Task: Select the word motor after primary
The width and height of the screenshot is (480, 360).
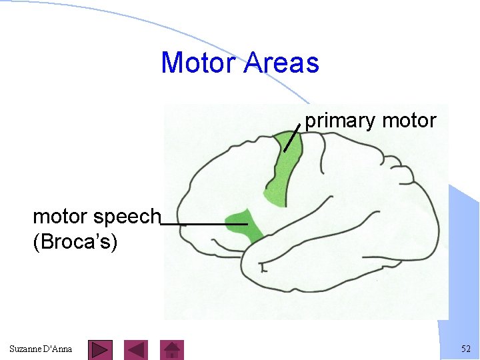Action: pyautogui.click(x=409, y=121)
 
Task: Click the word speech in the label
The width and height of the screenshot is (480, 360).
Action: pyautogui.click(x=129, y=217)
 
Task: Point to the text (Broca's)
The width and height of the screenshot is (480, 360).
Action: pyautogui.click(x=75, y=241)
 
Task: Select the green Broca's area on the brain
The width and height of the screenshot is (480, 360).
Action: pyautogui.click(x=243, y=223)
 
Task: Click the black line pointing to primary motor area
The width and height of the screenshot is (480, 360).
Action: pyautogui.click(x=291, y=137)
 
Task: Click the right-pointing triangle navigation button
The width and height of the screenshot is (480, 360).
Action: pyautogui.click(x=100, y=349)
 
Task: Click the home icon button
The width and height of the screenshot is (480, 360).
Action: pyautogui.click(x=173, y=349)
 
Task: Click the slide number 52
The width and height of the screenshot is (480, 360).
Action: pyautogui.click(x=465, y=349)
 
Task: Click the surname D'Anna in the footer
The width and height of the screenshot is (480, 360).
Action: pyautogui.click(x=59, y=349)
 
